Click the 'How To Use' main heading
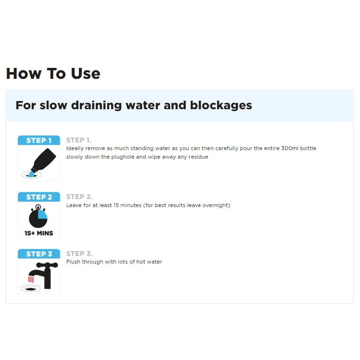point(53,74)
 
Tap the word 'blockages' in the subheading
point(221,105)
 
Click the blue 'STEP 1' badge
point(39,140)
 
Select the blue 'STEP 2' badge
point(39,197)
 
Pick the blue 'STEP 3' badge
point(39,254)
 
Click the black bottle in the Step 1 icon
point(44,160)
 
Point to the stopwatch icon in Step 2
point(38,216)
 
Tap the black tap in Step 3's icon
point(45,275)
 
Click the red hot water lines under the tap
point(31,279)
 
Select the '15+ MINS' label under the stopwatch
point(39,233)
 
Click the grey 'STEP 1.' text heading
point(79,140)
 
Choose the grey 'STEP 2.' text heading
point(79,197)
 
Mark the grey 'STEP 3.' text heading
point(79,254)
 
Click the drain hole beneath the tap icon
point(30,289)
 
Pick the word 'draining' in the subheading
point(96,105)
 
